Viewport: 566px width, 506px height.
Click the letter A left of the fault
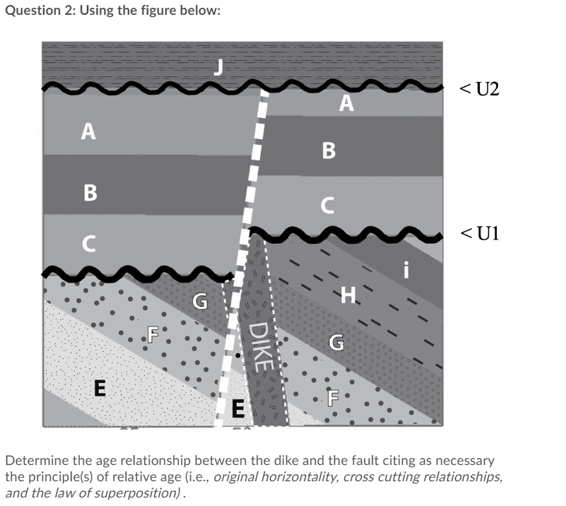coord(88,131)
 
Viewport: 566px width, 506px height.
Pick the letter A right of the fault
coord(345,104)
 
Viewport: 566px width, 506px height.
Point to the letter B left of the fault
coord(90,192)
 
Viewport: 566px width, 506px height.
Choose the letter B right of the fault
coord(329,151)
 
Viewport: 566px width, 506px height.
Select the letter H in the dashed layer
coord(348,294)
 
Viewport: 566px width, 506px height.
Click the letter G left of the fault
coord(201,303)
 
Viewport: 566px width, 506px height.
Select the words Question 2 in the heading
coord(34,12)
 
